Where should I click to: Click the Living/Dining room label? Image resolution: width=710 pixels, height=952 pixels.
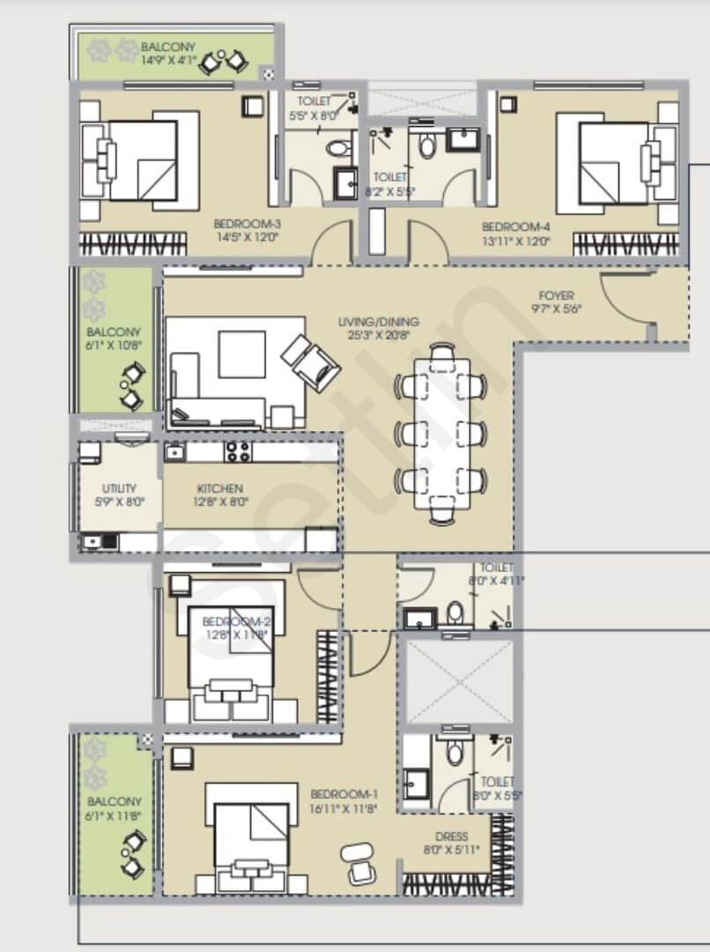pyautogui.click(x=379, y=328)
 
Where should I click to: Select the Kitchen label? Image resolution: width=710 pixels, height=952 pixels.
pyautogui.click(x=220, y=495)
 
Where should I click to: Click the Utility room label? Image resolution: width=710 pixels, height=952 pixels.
pyautogui.click(x=118, y=495)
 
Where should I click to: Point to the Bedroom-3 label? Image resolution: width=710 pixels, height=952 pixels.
pyautogui.click(x=247, y=230)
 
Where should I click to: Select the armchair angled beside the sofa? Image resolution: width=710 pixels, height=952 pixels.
pyautogui.click(x=310, y=361)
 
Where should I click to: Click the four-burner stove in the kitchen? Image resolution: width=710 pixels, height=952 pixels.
pyautogui.click(x=238, y=452)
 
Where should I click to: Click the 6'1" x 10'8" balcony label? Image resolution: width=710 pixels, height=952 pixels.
pyautogui.click(x=114, y=338)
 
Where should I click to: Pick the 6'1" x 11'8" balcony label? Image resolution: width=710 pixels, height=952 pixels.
pyautogui.click(x=114, y=808)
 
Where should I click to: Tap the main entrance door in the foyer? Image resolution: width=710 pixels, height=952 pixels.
pyautogui.click(x=628, y=299)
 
